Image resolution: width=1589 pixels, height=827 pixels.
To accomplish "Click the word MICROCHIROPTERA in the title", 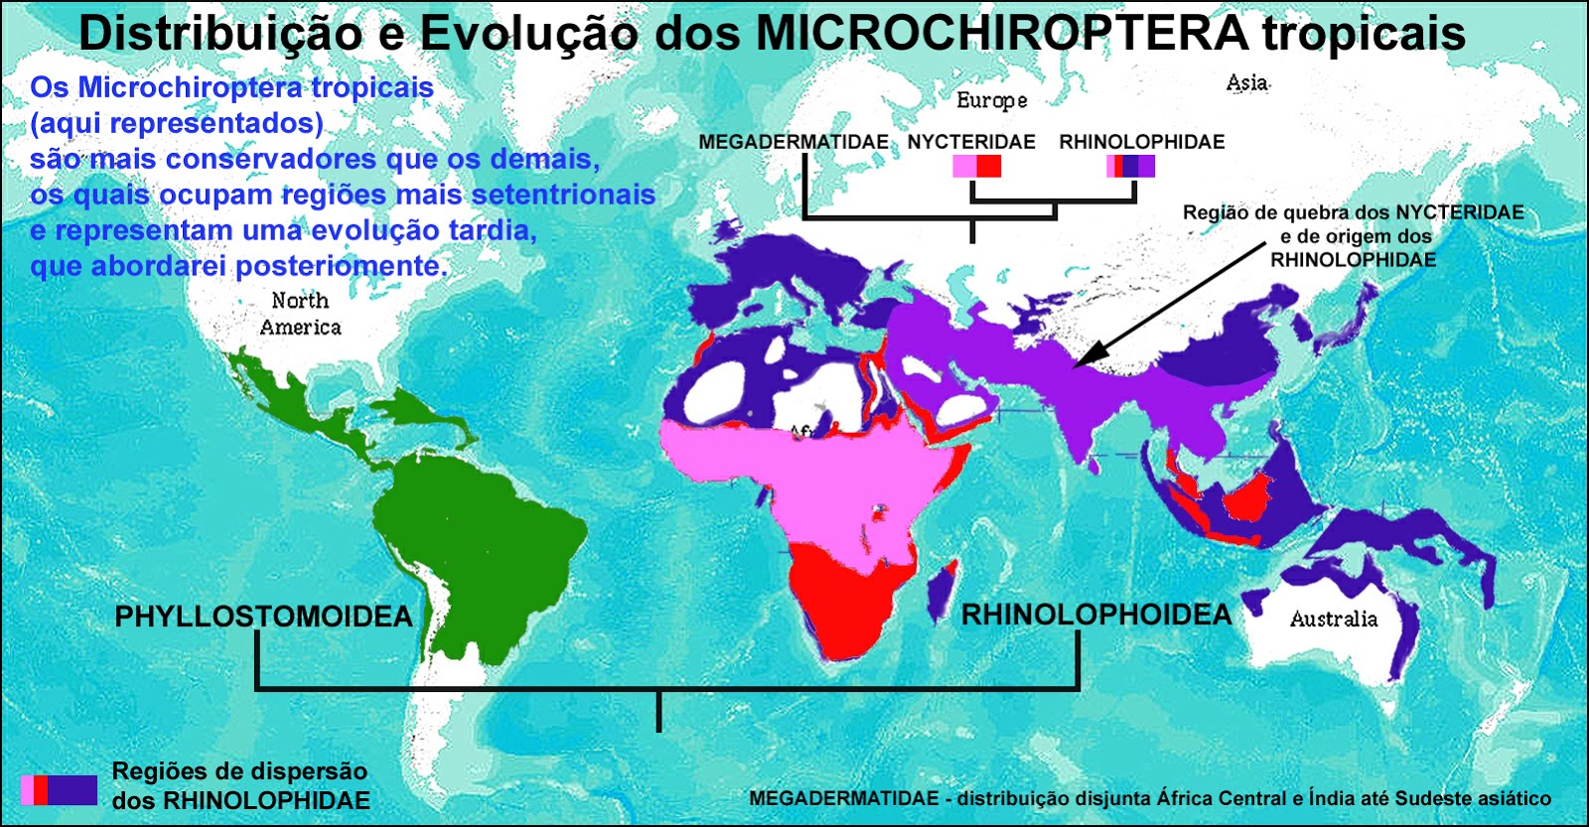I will pyautogui.click(x=1001, y=34).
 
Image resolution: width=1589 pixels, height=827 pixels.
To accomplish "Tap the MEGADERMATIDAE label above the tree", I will pyautogui.click(x=794, y=142).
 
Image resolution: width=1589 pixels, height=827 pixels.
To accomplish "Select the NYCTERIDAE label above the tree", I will pyautogui.click(x=971, y=142).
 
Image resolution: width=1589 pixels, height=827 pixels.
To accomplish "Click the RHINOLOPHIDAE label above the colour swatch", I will pyautogui.click(x=1142, y=142).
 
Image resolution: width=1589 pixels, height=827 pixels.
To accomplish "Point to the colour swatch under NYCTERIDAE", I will pyautogui.click(x=976, y=166).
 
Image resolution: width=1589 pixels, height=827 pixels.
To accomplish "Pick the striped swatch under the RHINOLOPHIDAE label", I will pyautogui.click(x=1130, y=166).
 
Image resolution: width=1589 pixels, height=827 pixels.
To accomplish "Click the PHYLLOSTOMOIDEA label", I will pyautogui.click(x=263, y=617).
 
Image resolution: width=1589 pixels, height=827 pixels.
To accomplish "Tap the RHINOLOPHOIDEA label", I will pyautogui.click(x=1096, y=615).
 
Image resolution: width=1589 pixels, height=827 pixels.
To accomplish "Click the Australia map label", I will pyautogui.click(x=1334, y=620).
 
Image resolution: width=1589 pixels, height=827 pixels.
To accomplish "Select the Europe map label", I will pyautogui.click(x=991, y=100).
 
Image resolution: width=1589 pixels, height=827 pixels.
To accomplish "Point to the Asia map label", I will pyautogui.click(x=1247, y=83).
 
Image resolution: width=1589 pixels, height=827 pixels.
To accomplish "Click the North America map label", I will pyautogui.click(x=300, y=314).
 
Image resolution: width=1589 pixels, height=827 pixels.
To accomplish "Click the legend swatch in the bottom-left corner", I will pyautogui.click(x=59, y=789).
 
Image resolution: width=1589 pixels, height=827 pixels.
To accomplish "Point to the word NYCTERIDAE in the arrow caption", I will pyautogui.click(x=1459, y=212).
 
